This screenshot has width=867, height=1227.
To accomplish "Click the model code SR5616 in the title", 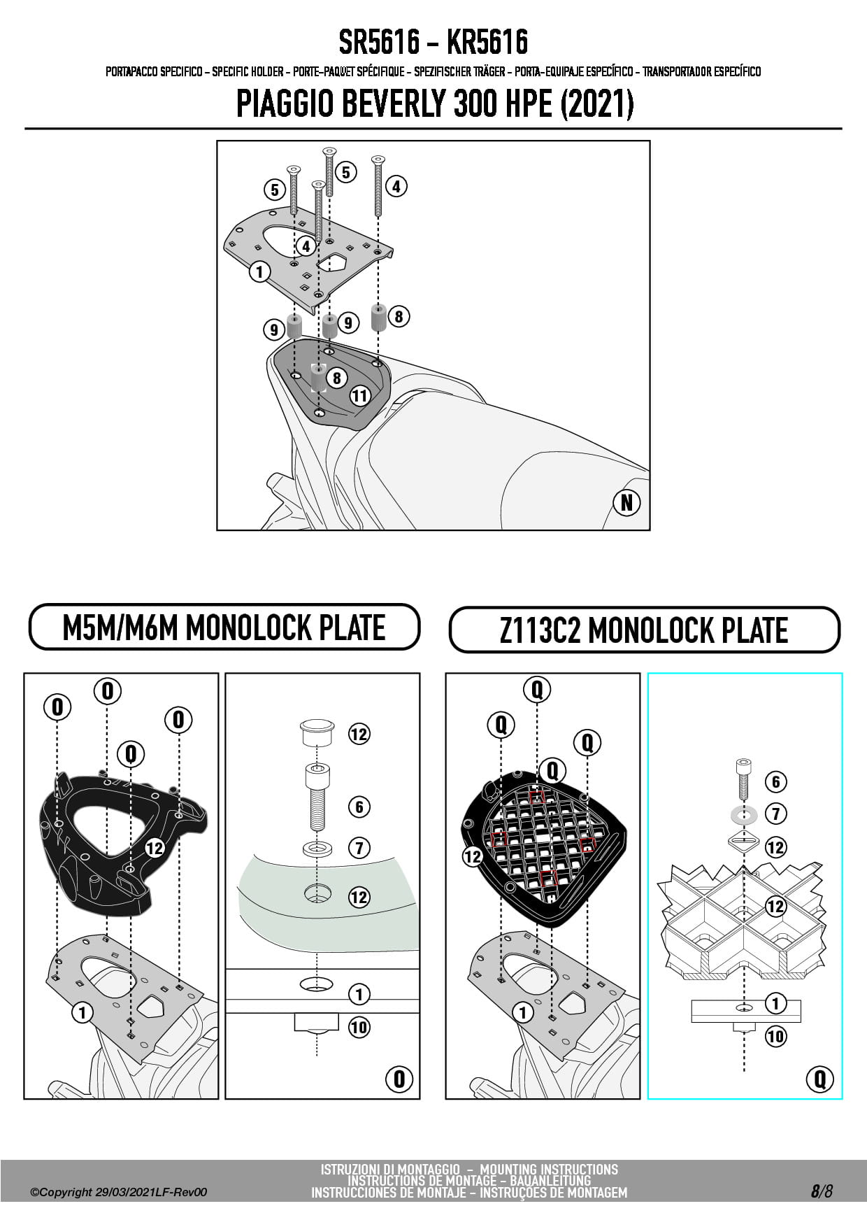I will click(380, 43).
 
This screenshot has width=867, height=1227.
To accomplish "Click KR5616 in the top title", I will click(487, 43).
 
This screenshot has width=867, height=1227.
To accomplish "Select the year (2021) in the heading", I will click(597, 104).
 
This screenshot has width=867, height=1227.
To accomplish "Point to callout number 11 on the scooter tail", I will click(359, 396).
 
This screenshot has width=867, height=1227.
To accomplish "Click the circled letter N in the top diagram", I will click(626, 502).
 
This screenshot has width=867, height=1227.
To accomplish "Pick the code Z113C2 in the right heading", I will click(540, 630).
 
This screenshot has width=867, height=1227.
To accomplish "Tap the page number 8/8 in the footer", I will click(822, 1191).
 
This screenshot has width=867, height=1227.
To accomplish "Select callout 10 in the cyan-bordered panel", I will click(775, 1036).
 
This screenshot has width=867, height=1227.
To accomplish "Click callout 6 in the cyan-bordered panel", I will click(775, 781).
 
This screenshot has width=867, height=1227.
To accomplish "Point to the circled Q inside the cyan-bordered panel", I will click(819, 1079).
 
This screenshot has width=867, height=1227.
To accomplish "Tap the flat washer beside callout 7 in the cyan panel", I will click(743, 814).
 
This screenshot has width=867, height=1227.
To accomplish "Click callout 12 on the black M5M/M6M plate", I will click(155, 848).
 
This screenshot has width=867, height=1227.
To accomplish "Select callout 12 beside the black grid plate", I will click(473, 856).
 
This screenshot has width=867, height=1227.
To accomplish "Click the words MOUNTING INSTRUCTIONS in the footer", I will click(549, 1169).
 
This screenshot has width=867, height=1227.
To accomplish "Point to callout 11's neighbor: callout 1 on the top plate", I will click(259, 271).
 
